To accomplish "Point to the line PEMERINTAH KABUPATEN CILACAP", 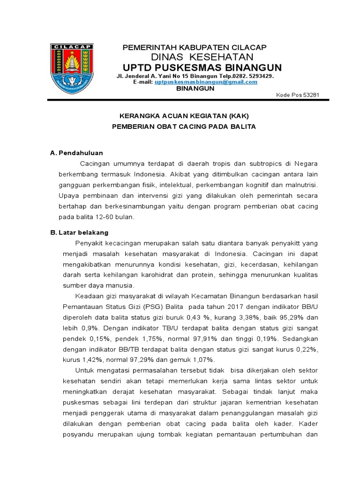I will [x=194, y=47].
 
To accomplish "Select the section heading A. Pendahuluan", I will [x=76, y=153].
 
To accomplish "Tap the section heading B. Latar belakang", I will [x=79, y=232].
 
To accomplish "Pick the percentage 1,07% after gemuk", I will [x=202, y=360].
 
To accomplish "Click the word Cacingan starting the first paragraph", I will [x=96, y=163].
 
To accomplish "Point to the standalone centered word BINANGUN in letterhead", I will [x=195, y=89].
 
